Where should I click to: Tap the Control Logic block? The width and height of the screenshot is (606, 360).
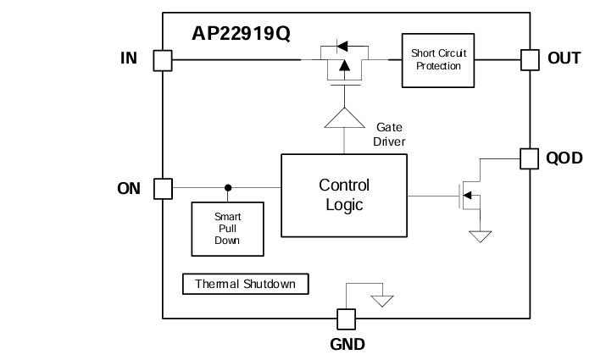(x=343, y=196)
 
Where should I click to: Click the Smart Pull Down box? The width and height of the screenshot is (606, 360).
(x=226, y=228)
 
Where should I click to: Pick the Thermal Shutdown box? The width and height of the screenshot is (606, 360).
(x=246, y=284)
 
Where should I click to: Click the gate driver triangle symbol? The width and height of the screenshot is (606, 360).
(x=343, y=118)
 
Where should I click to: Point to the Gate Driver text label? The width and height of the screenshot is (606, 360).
(x=389, y=134)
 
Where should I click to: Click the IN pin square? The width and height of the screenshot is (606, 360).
(x=162, y=60)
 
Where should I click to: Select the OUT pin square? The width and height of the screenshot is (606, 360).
(x=530, y=59)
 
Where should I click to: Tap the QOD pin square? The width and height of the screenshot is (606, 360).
(x=530, y=158)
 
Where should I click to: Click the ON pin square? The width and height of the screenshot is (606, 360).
(x=162, y=188)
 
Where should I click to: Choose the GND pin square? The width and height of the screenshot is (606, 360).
(x=346, y=318)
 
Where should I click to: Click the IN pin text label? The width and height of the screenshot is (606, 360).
(x=129, y=58)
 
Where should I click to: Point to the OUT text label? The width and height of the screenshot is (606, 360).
(x=564, y=58)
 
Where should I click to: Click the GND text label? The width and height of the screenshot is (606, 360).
(x=347, y=345)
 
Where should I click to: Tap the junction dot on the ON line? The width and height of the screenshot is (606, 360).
(x=227, y=188)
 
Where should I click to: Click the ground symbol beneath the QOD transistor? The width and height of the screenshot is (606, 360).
(x=480, y=237)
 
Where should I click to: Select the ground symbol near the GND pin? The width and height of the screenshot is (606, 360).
(x=383, y=300)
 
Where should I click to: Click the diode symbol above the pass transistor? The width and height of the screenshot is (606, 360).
(x=342, y=44)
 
